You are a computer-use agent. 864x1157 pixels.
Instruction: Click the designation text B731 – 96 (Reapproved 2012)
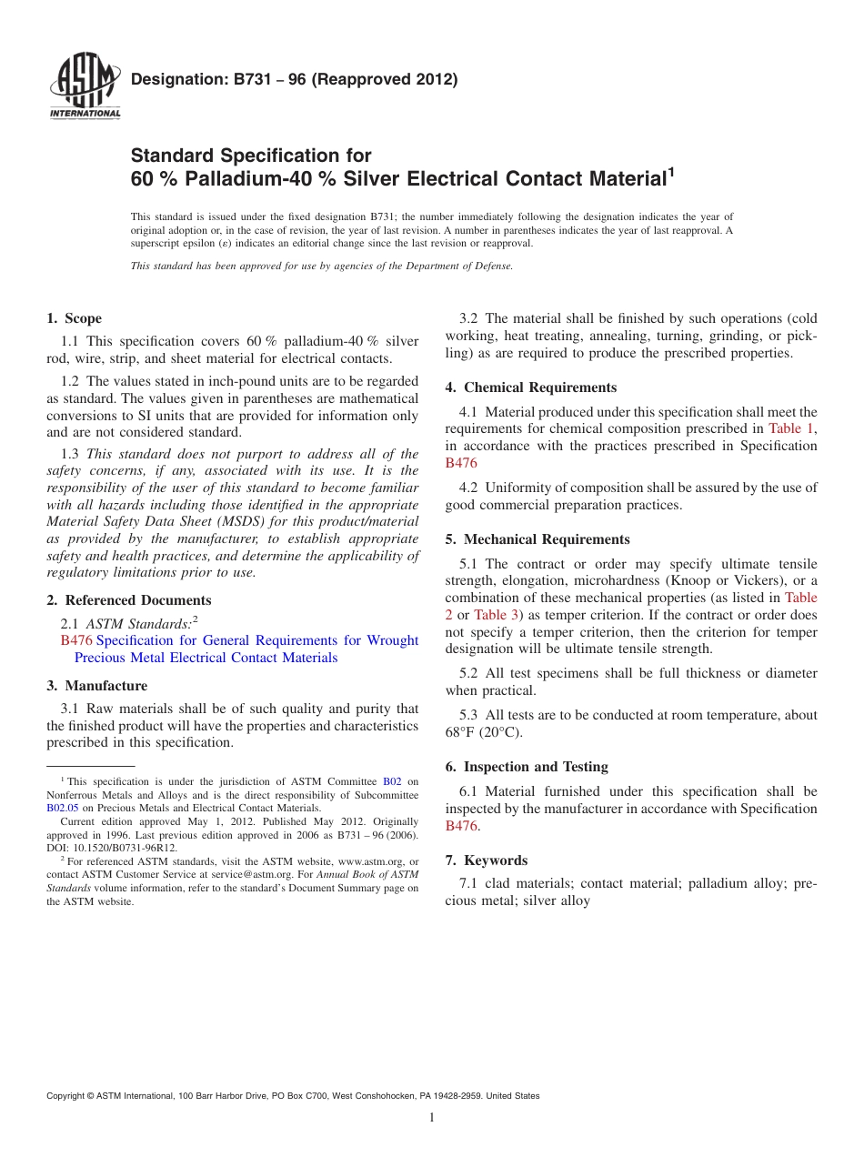coord(294,79)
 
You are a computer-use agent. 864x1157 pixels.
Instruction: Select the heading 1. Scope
coord(74,318)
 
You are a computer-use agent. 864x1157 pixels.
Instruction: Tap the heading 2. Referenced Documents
coord(128,600)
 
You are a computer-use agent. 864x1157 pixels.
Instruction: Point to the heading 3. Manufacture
coord(96,686)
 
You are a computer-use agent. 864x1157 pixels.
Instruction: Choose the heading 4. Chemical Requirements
coord(530,387)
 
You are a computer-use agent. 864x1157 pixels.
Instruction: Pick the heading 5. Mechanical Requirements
coord(537,539)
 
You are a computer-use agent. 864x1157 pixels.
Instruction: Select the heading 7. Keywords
coord(486,860)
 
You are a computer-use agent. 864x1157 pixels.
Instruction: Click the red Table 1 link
coord(791,428)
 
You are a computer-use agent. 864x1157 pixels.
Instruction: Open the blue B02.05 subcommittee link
coord(63,808)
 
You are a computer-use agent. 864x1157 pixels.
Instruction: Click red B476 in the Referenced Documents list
coord(76,640)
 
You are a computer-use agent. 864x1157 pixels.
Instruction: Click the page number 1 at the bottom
coord(432,1118)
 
